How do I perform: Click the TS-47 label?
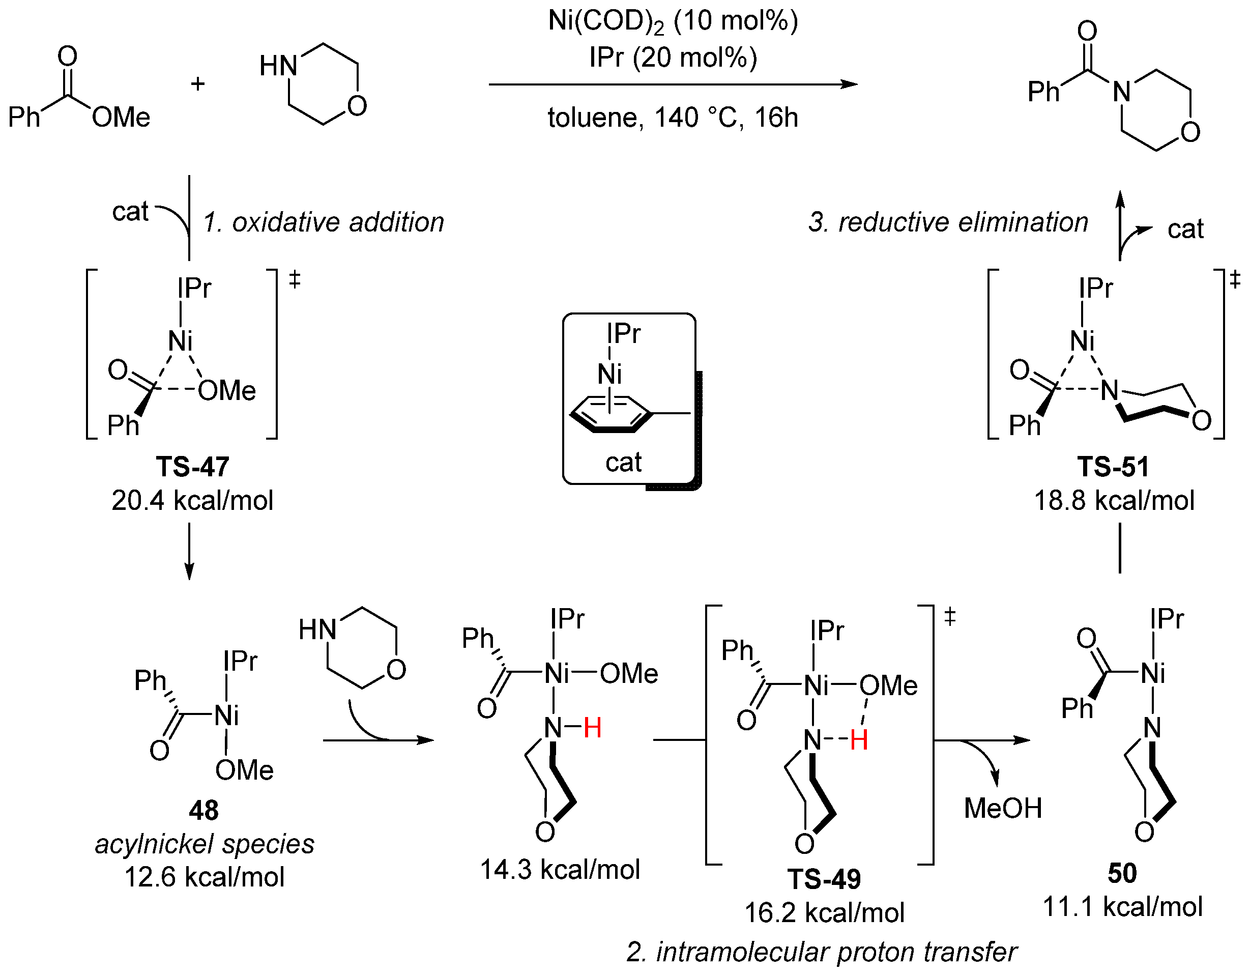[192, 467]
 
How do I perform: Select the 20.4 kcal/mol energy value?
[192, 500]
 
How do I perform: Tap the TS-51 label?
[1113, 467]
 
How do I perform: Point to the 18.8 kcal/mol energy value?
[1114, 500]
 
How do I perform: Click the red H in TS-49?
[859, 740]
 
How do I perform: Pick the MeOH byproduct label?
[1003, 808]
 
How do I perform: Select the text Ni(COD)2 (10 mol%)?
[673, 22]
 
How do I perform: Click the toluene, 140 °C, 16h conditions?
[673, 118]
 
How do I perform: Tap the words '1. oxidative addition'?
[324, 222]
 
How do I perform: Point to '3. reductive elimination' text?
[948, 222]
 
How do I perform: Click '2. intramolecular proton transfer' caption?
[822, 952]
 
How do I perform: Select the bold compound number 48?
[204, 810]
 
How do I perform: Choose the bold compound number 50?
[1122, 873]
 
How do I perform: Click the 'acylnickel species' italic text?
[205, 844]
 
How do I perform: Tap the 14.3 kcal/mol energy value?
[560, 869]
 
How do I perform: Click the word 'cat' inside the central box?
[623, 462]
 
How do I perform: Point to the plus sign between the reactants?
[198, 84]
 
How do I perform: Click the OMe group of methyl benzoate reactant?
[121, 118]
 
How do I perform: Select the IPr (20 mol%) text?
[673, 58]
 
